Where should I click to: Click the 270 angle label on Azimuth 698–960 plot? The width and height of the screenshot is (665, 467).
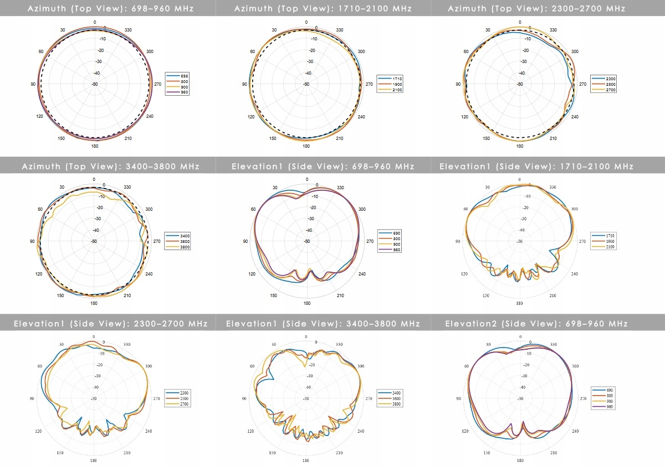point(157,84)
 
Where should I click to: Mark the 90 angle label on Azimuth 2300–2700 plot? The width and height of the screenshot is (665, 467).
point(458,84)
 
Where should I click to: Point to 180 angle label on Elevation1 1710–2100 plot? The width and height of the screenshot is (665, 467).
point(519,304)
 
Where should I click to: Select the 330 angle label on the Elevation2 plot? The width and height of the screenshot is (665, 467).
point(553,344)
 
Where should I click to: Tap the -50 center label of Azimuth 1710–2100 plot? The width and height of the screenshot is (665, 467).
point(306,84)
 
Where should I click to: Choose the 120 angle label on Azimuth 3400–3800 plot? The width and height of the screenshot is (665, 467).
point(39,274)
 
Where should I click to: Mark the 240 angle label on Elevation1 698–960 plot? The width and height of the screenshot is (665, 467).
point(361,274)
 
